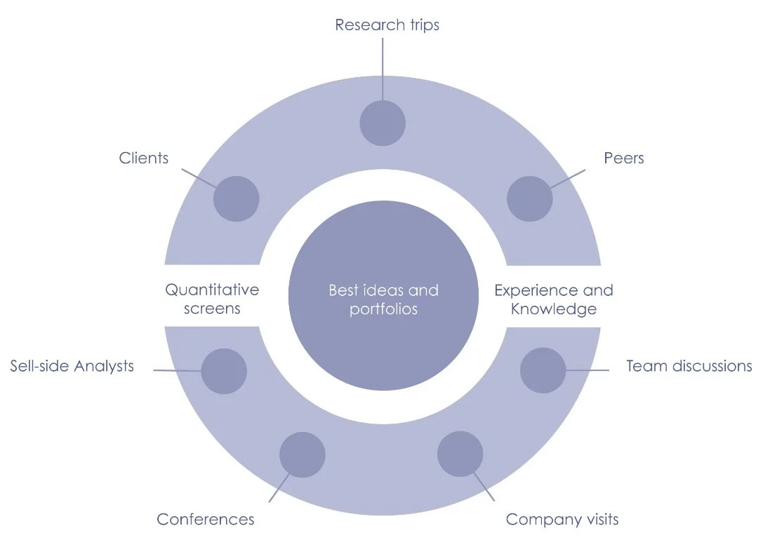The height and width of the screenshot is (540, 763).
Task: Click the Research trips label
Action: [x=387, y=25]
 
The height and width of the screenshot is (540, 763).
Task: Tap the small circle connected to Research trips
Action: [x=383, y=123]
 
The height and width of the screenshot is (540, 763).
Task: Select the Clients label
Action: [x=144, y=158]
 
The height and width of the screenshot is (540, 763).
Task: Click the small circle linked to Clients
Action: [x=236, y=198]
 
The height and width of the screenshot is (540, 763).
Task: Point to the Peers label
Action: [x=624, y=158]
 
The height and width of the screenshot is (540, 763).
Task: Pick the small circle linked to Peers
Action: [x=529, y=198]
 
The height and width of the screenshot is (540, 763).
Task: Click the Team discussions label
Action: [x=689, y=366]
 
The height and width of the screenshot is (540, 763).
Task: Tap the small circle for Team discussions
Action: [x=543, y=370]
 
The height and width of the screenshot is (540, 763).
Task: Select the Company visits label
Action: [x=562, y=520]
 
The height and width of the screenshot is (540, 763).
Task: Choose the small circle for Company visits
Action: [x=460, y=454]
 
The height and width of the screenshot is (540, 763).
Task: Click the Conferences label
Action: [x=205, y=520]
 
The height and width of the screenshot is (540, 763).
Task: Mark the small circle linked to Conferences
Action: [x=302, y=454]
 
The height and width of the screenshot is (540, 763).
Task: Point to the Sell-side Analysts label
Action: [x=72, y=366]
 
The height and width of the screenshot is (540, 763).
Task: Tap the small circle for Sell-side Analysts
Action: [x=224, y=371]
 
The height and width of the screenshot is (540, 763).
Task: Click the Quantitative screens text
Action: [x=212, y=299]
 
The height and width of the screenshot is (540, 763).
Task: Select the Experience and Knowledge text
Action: [x=553, y=299]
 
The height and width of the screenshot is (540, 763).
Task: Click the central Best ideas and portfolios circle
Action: [x=383, y=299]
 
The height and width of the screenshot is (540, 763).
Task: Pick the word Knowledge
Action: [x=553, y=309]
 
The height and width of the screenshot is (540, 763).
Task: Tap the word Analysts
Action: [x=104, y=366]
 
